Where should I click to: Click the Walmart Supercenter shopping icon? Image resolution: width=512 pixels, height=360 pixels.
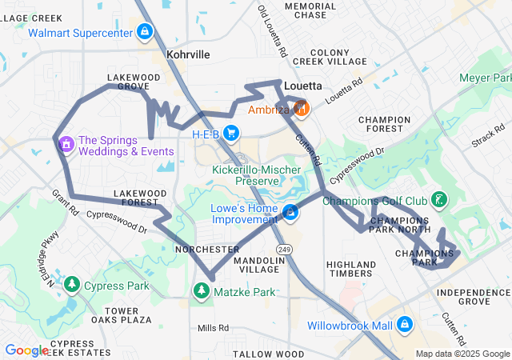[145, 32]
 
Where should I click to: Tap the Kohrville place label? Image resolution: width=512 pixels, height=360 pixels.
[188, 54]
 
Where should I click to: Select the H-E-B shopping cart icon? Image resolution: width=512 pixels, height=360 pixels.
[231, 133]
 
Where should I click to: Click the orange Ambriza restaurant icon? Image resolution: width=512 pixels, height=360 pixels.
[301, 108]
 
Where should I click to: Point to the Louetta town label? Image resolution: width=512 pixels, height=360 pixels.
[303, 86]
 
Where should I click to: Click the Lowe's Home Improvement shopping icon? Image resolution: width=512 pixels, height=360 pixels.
[291, 213]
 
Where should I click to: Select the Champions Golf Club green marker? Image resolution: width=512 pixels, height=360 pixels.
[439, 199]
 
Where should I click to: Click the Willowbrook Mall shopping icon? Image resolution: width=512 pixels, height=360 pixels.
[405, 325]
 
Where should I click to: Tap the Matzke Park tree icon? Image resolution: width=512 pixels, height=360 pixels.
[202, 292]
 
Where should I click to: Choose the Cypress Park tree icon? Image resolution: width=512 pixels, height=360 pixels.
[72, 284]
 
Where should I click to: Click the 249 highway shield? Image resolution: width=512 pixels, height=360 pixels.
[285, 250]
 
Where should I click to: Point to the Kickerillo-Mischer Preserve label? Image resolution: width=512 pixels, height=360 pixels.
[257, 175]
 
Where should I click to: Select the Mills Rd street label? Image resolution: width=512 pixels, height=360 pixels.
[213, 328]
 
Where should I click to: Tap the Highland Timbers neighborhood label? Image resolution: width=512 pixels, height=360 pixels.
[351, 269]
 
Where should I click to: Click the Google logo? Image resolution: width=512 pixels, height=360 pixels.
[26, 350]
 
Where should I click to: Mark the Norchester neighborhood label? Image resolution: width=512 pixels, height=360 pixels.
[206, 250]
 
